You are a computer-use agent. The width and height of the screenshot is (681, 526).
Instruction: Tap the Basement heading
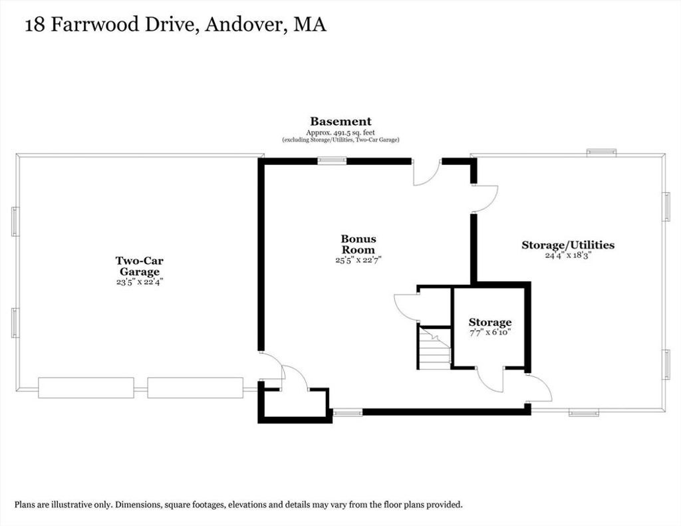tap(340, 122)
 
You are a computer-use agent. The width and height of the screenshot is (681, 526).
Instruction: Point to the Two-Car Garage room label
tap(140, 266)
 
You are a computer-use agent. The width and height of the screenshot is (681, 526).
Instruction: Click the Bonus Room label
tap(358, 244)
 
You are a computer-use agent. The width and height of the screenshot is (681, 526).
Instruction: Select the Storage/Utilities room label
tap(568, 245)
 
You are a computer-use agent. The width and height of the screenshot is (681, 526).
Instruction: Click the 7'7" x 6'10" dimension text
tap(490, 332)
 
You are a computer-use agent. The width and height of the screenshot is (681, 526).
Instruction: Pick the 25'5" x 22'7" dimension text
tap(358, 260)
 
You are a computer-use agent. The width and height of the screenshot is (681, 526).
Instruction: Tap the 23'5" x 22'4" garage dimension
tap(140, 282)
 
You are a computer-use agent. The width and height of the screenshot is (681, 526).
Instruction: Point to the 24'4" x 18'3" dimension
tap(569, 255)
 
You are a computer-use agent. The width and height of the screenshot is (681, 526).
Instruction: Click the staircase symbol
tap(434, 348)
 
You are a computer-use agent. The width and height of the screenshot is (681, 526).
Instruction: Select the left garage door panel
tap(86, 388)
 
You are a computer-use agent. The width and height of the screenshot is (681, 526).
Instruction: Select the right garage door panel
tap(195, 388)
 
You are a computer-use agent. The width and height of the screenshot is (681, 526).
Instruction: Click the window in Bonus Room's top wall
tap(332, 161)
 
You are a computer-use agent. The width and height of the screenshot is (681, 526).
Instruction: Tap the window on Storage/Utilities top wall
tap(601, 152)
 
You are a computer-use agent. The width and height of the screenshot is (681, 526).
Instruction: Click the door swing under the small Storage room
tap(490, 380)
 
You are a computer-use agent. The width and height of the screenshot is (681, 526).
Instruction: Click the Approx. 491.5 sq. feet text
tap(340, 132)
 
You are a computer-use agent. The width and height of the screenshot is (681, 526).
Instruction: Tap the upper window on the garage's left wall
tap(15, 221)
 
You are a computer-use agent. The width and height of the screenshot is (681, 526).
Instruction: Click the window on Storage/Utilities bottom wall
tap(584, 413)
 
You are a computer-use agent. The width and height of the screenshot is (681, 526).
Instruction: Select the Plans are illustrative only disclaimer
tap(239, 505)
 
